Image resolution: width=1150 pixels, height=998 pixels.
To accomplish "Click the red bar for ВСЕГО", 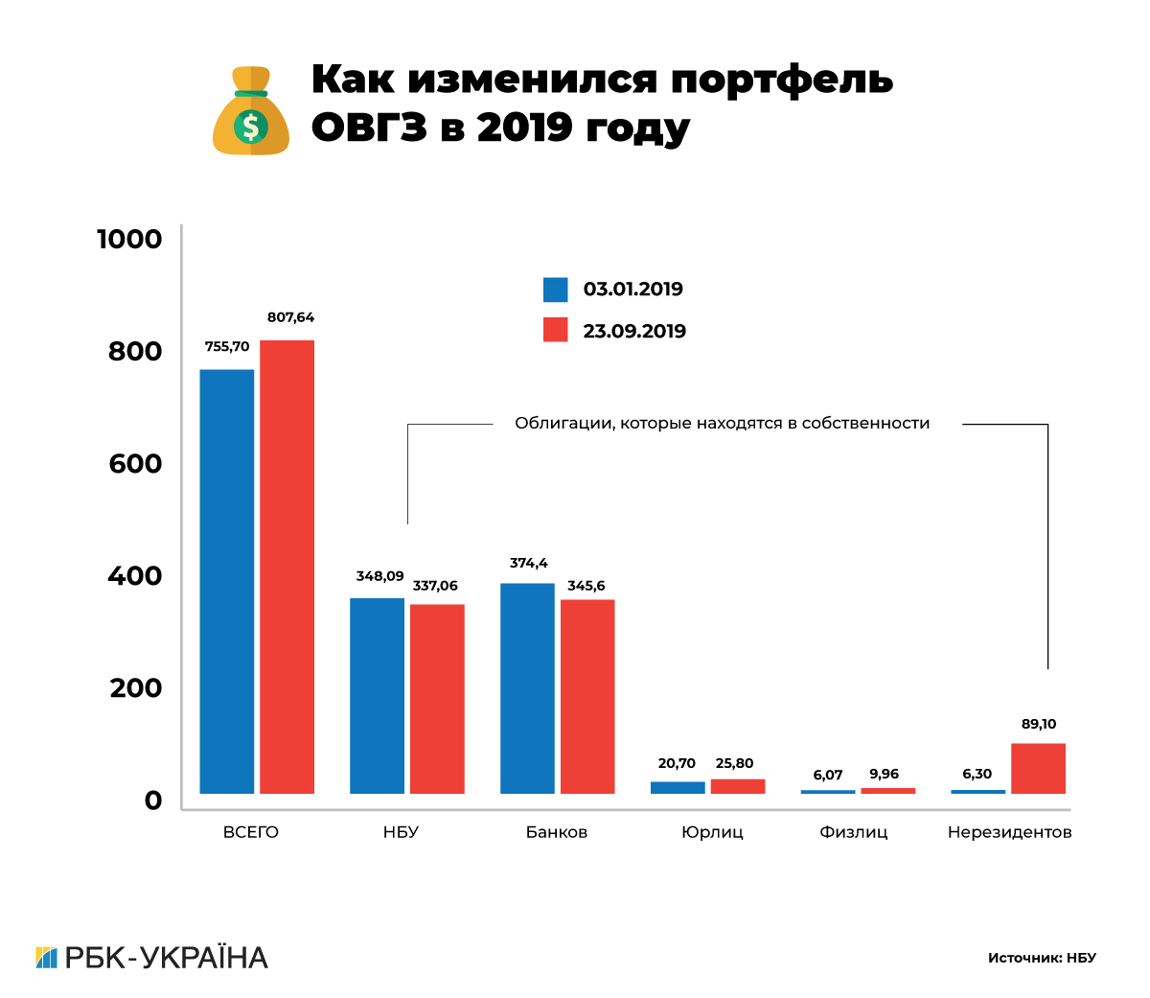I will point(287,567).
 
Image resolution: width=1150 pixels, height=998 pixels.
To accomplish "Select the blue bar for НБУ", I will point(377,695).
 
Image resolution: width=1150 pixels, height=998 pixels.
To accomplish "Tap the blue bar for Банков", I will point(527,687).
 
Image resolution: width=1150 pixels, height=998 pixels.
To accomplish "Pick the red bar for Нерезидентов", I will point(1038,768).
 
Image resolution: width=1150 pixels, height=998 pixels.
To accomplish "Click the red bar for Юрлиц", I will point(738,786).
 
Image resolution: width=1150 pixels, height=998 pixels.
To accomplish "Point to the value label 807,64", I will point(290,317).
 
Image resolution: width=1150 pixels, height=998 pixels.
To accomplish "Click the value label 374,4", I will point(528,563).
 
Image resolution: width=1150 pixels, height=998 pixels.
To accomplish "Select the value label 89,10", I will point(1039,724).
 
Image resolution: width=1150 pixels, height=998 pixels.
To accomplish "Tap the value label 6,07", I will point(828,775).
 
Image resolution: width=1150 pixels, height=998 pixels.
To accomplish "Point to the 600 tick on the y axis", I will point(135,464).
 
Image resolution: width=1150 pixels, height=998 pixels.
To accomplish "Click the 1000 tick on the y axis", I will point(129,239).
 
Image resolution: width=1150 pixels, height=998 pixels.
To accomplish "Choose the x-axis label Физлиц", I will point(853,832).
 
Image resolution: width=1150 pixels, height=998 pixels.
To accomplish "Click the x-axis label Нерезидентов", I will point(1009,832).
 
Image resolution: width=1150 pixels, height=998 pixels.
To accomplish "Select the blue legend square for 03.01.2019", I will point(556,290).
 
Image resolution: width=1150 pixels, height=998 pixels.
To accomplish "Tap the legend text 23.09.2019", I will point(634,332).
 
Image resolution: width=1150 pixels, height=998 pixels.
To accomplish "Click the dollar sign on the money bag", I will point(250,126).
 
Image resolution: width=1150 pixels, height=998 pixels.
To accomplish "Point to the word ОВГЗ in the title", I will point(369,128).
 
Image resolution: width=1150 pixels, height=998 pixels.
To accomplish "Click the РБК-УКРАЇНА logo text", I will point(166,958).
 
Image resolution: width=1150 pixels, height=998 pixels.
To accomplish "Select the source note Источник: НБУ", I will point(1042,958).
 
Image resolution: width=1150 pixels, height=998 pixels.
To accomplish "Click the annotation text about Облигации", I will point(722,424).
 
